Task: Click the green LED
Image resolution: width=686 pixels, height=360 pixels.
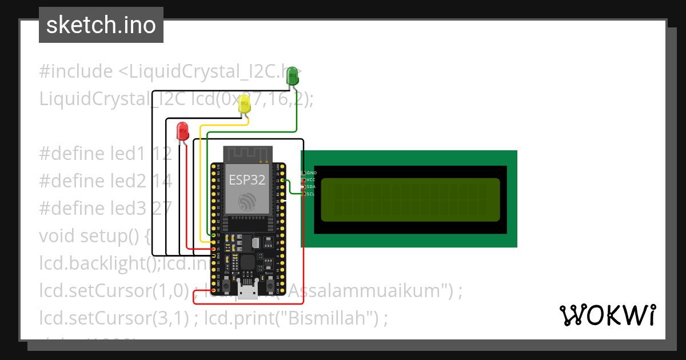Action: click(292, 76)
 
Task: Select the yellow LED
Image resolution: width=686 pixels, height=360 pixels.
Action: click(245, 104)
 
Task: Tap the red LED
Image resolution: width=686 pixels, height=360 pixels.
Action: click(182, 131)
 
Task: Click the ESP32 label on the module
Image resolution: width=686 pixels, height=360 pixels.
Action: click(247, 179)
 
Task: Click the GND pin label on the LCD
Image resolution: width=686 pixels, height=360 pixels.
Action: click(312, 173)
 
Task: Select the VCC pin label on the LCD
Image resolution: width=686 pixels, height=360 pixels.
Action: click(312, 180)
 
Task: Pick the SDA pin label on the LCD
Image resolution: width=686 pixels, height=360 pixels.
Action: click(312, 187)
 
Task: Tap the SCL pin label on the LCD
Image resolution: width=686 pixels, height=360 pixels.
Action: click(311, 194)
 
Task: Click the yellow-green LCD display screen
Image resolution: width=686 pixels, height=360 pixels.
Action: click(410, 200)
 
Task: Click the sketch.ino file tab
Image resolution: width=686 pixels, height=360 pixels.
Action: click(101, 25)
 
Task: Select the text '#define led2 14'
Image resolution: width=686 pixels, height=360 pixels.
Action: click(106, 181)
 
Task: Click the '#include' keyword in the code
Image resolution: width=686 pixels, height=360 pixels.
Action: click(76, 71)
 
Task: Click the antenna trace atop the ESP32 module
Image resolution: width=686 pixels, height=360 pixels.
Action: click(247, 154)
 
